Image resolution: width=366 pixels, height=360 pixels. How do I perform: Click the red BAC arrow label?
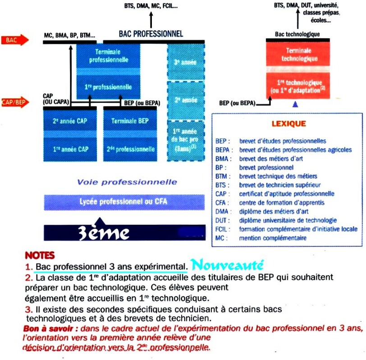(14, 41)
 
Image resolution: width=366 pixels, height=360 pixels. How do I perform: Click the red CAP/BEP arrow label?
(14, 102)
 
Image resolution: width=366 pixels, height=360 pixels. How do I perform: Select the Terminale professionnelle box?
(108, 56)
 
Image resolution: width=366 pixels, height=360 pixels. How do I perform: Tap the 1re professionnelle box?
(108, 86)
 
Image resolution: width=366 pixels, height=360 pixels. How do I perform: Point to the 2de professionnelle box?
(130, 148)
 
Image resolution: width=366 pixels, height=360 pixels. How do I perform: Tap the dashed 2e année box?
(186, 100)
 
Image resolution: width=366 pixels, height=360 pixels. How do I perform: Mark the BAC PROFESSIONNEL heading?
(151, 34)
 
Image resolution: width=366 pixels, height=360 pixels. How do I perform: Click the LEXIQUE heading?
(289, 124)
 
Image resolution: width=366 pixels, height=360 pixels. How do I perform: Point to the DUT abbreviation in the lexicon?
(223, 221)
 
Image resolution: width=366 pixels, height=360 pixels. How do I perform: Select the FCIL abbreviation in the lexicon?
(223, 229)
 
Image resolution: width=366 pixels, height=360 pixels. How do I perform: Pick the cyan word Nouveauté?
(226, 265)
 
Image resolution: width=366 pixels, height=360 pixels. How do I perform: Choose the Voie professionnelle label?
(127, 182)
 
